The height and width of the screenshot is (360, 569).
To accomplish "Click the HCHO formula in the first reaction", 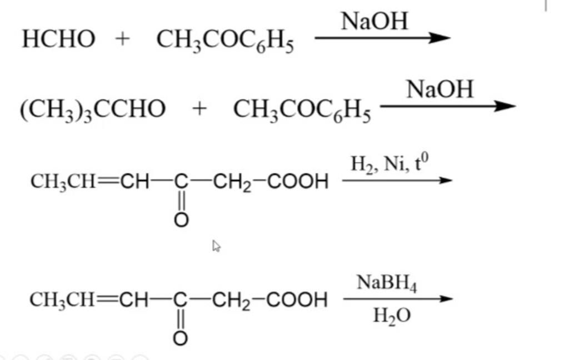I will pyautogui.click(x=58, y=39).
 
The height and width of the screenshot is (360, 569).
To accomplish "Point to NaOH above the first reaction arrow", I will pyautogui.click(x=375, y=22).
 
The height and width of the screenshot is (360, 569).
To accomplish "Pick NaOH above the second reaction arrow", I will pyautogui.click(x=440, y=89).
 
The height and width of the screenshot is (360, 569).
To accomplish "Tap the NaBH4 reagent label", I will pyautogui.click(x=387, y=285).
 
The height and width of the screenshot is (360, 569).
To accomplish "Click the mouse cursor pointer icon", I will pyautogui.click(x=217, y=246).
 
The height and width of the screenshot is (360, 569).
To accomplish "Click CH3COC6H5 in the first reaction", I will pyautogui.click(x=225, y=41).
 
